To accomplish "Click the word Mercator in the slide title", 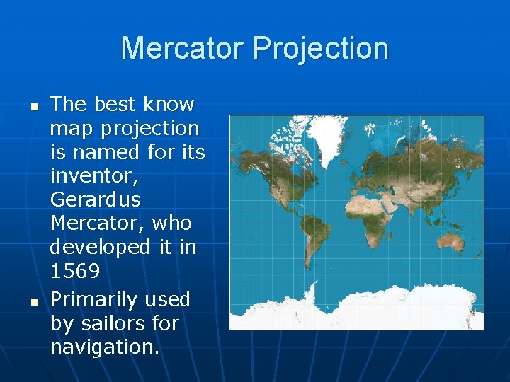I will click(x=183, y=48).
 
